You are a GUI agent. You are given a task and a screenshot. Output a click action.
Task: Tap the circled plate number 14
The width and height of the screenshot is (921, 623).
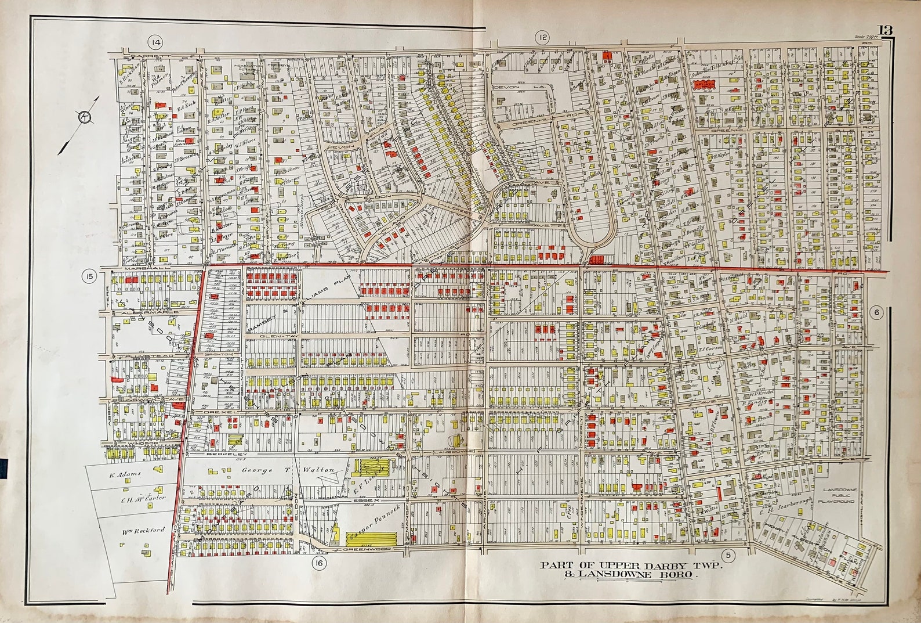[155, 42]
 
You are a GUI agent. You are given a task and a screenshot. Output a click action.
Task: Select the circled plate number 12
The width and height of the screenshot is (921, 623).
[542, 38]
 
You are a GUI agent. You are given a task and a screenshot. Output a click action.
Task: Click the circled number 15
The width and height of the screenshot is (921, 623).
[89, 277]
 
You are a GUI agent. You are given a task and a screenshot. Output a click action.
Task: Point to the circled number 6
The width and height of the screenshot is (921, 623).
[876, 312]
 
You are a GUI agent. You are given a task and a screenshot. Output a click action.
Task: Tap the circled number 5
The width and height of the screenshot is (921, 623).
[729, 555]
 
